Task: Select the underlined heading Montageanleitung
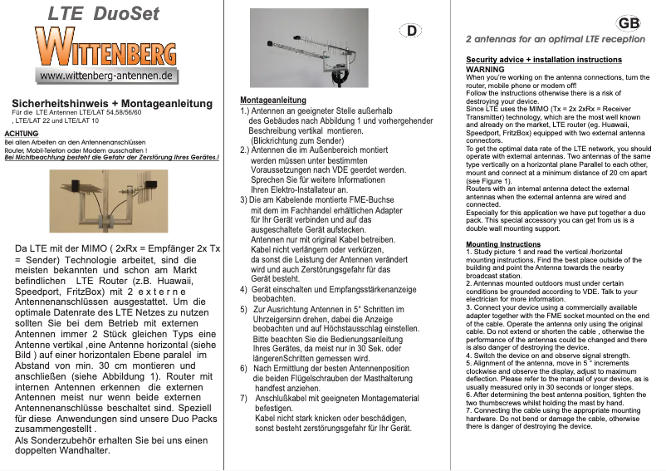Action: click(x=267, y=100)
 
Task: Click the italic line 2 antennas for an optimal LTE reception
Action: click(x=555, y=38)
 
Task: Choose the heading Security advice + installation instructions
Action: click(x=543, y=60)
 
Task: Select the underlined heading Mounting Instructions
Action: click(x=503, y=244)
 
